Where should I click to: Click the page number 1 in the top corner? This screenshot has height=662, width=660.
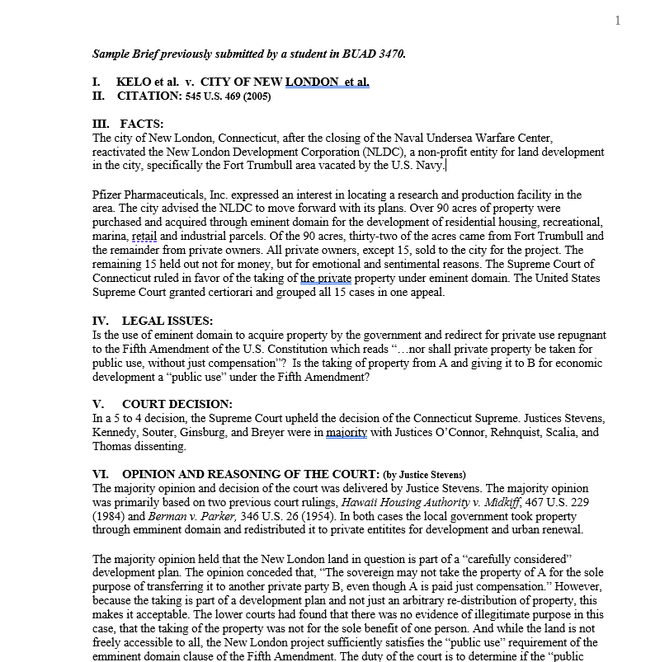point(618,21)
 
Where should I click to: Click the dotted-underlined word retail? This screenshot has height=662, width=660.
point(144,237)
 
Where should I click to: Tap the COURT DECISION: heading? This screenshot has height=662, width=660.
point(177,404)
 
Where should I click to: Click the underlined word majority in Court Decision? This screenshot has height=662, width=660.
point(346,432)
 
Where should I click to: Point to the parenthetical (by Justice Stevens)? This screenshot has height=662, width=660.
point(424,475)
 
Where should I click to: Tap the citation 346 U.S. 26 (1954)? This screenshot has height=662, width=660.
point(286,516)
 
